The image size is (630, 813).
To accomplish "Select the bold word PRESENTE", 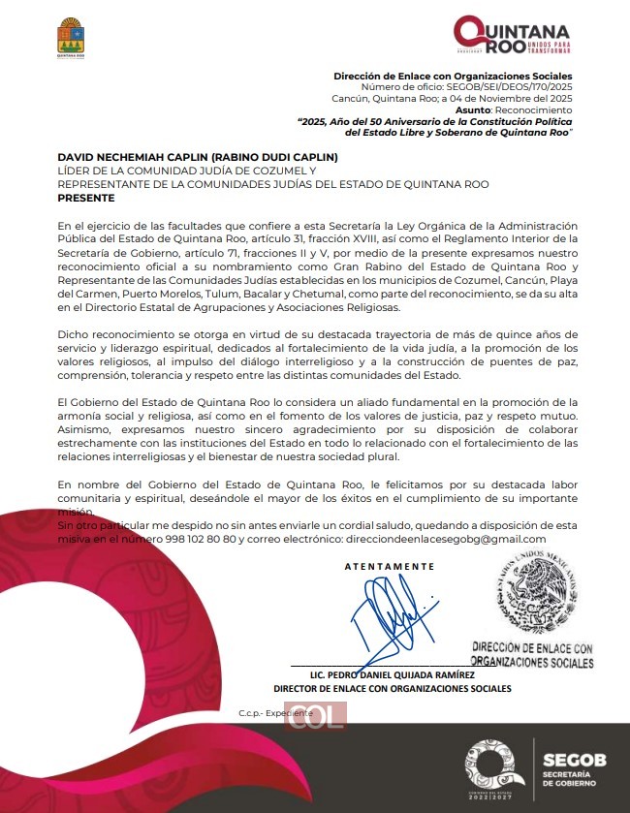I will click(86, 197).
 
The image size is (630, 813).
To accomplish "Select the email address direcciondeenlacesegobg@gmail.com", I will click(445, 539).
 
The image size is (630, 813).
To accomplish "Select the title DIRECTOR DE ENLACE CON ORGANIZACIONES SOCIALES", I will click(393, 689).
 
